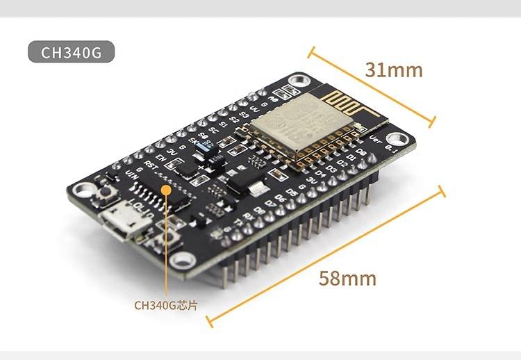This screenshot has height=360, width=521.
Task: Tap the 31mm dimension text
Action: pyautogui.click(x=393, y=69)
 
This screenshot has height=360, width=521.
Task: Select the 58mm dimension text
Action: pyautogui.click(x=347, y=278)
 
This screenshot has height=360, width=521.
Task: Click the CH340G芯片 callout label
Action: pyautogui.click(x=165, y=304)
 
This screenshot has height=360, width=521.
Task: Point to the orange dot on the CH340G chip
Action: pyautogui.click(x=165, y=189)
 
